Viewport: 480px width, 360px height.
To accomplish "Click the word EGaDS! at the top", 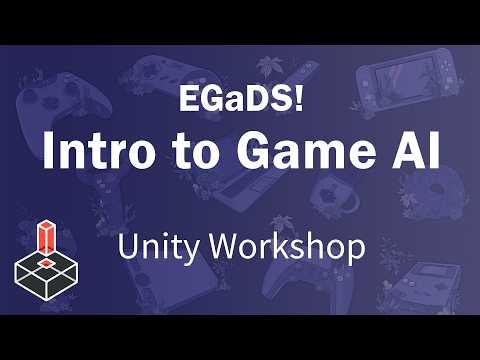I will click(239, 100).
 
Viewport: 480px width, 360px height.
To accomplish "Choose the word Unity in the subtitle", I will click(159, 246).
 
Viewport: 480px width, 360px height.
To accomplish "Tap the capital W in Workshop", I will click(222, 246).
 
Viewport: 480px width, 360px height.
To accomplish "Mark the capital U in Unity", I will click(127, 246).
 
